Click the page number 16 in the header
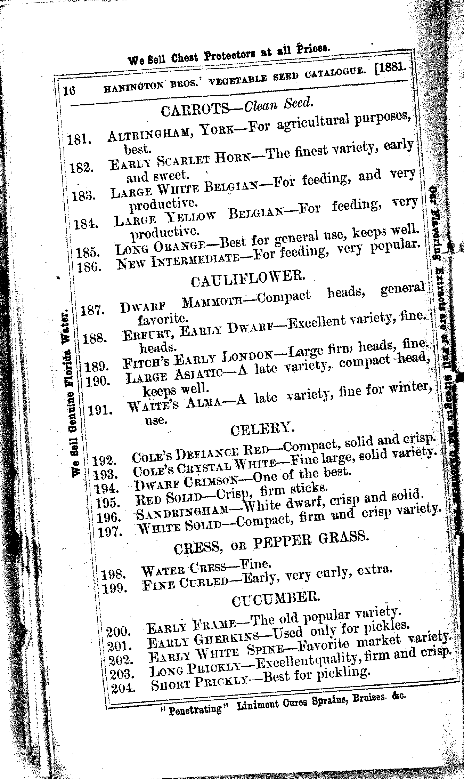(70, 90)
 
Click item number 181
(79, 139)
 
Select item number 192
(105, 461)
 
